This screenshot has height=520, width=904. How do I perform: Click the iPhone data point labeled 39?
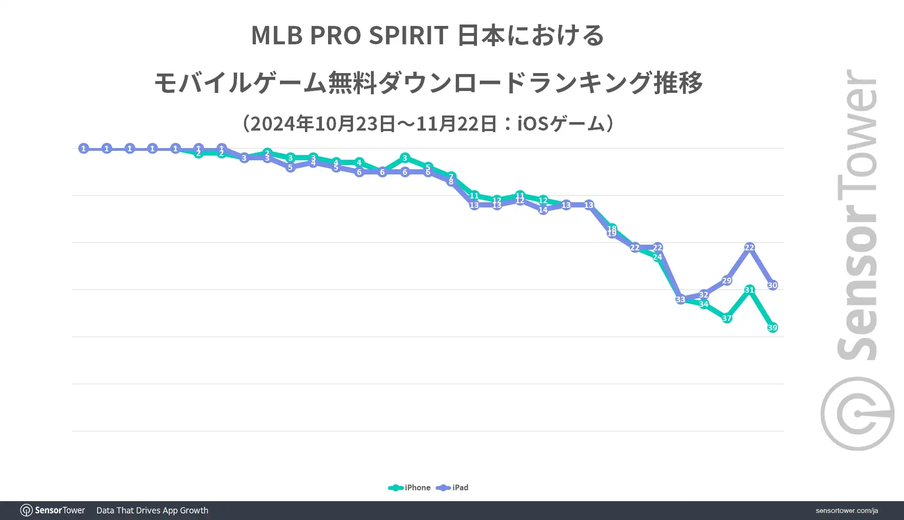pyautogui.click(x=772, y=328)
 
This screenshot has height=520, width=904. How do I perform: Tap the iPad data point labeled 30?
pyautogui.click(x=772, y=285)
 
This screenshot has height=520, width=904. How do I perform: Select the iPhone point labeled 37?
pyautogui.click(x=726, y=318)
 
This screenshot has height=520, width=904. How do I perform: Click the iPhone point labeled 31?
pyautogui.click(x=749, y=290)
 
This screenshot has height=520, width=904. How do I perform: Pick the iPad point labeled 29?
pyautogui.click(x=726, y=281)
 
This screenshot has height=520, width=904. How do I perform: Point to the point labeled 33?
pyautogui.click(x=680, y=299)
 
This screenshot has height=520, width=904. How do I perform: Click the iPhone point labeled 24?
pyautogui.click(x=657, y=257)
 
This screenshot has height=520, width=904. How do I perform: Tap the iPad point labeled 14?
pyautogui.click(x=543, y=210)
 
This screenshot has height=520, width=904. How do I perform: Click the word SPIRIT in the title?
pyautogui.click(x=408, y=35)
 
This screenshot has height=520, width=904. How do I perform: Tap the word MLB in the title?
pyautogui.click(x=277, y=35)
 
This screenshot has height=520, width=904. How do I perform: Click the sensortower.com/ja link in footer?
pyautogui.click(x=846, y=511)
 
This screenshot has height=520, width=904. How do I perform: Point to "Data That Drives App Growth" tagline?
pyautogui.click(x=152, y=511)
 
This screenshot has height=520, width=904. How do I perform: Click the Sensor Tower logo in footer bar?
pyautogui.click(x=52, y=511)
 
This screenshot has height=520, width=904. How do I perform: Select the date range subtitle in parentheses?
pyautogui.click(x=428, y=124)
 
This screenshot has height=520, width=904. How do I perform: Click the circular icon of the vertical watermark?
pyautogui.click(x=857, y=414)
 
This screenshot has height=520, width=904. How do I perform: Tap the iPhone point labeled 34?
pyautogui.click(x=703, y=304)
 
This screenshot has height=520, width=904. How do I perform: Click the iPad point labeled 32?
pyautogui.click(x=703, y=295)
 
